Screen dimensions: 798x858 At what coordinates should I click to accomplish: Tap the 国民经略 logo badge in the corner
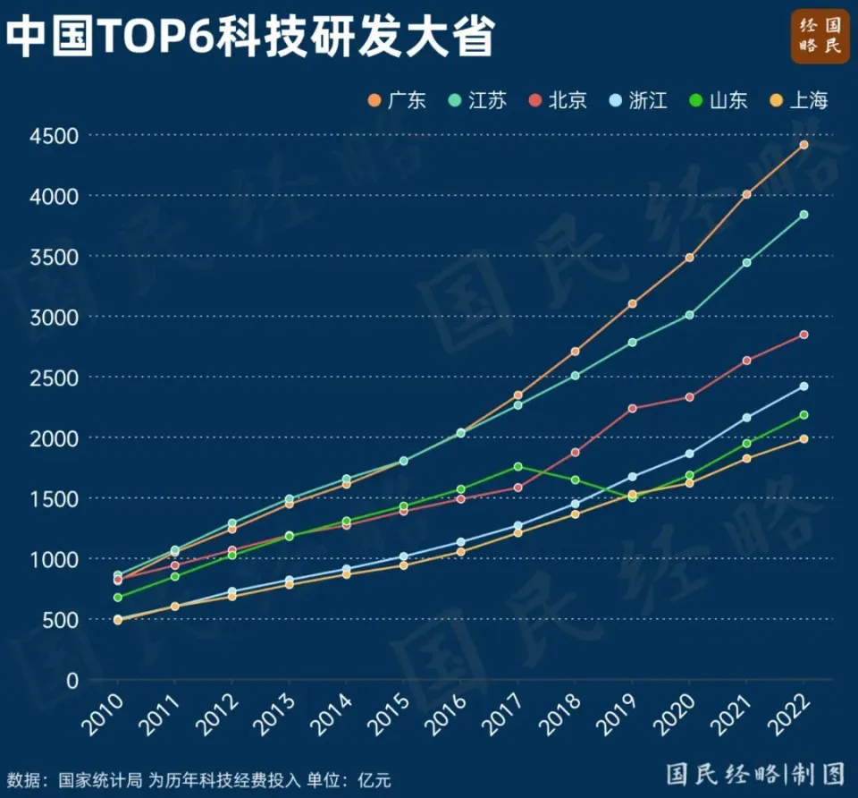pos(820,37)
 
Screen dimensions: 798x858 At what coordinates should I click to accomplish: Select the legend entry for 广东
pos(397,100)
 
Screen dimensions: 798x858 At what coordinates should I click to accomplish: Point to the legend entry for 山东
pos(719,100)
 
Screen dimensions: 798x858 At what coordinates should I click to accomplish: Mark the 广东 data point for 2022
pos(803,145)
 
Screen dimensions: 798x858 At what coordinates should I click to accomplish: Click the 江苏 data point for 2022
pos(803,215)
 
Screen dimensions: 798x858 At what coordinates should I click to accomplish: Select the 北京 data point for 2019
pos(632,408)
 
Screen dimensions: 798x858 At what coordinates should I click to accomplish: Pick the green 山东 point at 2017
pos(517,467)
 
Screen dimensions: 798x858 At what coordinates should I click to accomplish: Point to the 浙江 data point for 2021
pos(746,418)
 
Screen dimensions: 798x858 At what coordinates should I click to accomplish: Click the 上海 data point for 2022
pos(803,438)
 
